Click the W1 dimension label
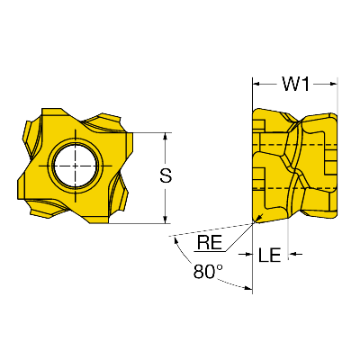tap(295, 84)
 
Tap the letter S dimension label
tap(166, 175)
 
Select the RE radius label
tap(210, 242)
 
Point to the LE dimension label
tap(269, 255)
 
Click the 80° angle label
tap(208, 272)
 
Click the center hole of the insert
tap(76, 166)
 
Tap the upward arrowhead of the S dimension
tap(165, 137)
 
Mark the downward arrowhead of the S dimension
tap(165, 220)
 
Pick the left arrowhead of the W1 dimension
tap(256, 84)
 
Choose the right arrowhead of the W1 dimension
tap(334, 84)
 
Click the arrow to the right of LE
tap(295, 255)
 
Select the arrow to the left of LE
tap(246, 255)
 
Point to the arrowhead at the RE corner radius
tap(260, 217)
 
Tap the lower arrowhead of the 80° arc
tap(247, 289)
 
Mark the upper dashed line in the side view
tap(295, 145)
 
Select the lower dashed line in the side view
tap(295, 188)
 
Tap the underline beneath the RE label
tap(210, 251)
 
